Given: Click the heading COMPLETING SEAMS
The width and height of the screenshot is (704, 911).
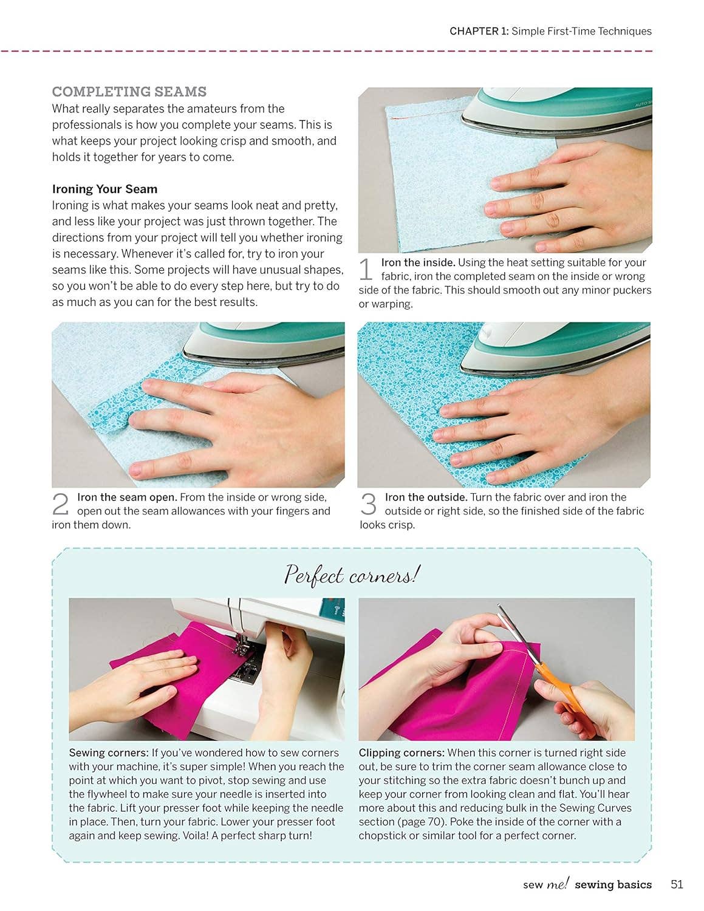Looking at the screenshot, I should tap(129, 92).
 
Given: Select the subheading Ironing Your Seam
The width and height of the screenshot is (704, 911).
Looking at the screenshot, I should tap(104, 189).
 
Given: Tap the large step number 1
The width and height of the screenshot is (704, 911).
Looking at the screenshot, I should tap(365, 269).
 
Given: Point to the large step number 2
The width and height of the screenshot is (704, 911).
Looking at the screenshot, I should tap(61, 504).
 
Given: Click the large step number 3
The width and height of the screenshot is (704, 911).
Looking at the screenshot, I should tap(368, 504).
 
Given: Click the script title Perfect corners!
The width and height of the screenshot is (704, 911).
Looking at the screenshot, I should tap(352, 575).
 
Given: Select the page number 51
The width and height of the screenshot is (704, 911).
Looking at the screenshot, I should tap(677, 884).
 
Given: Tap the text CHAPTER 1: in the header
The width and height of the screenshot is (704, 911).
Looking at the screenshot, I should tap(479, 31).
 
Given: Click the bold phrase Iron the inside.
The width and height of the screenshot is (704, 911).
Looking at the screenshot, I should tap(418, 262).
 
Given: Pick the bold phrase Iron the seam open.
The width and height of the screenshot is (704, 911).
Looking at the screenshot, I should tap(127, 497).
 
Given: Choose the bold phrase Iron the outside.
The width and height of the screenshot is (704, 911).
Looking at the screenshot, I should tap(426, 497).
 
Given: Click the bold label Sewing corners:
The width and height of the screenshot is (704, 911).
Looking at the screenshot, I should tap(109, 752).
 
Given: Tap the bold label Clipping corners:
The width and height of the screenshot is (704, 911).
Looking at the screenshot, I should tap(402, 752).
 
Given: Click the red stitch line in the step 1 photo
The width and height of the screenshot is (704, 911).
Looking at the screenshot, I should tap(425, 115).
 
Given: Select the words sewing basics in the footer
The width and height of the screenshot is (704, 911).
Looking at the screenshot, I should tap(613, 884).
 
